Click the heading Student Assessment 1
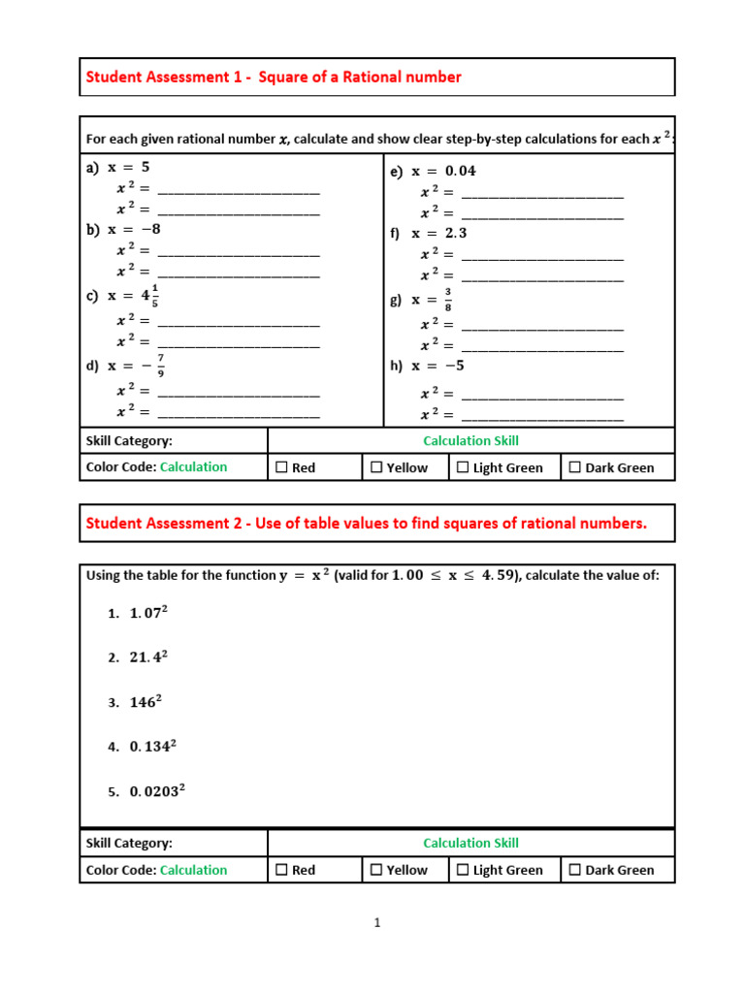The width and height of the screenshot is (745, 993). click(x=274, y=77)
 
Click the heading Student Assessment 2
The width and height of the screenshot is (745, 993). click(x=366, y=524)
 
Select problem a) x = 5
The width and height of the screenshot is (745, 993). click(x=117, y=167)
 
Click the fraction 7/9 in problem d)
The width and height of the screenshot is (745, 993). click(x=160, y=366)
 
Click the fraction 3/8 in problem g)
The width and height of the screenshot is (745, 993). click(x=448, y=300)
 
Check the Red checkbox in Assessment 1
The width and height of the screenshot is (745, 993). click(x=282, y=467)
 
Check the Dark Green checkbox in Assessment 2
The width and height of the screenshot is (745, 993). click(x=575, y=870)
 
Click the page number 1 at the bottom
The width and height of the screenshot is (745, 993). click(x=377, y=923)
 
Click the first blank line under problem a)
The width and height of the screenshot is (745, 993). click(x=238, y=189)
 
